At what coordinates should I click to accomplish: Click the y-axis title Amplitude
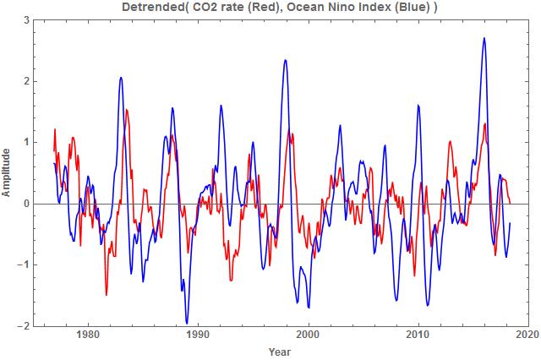(x=7, y=172)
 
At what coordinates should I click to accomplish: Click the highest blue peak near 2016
(x=484, y=38)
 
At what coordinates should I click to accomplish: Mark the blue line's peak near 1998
(x=286, y=60)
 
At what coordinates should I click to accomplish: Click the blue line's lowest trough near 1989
(x=187, y=323)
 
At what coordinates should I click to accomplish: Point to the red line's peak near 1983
(x=127, y=110)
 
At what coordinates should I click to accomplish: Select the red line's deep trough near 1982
(x=107, y=294)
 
